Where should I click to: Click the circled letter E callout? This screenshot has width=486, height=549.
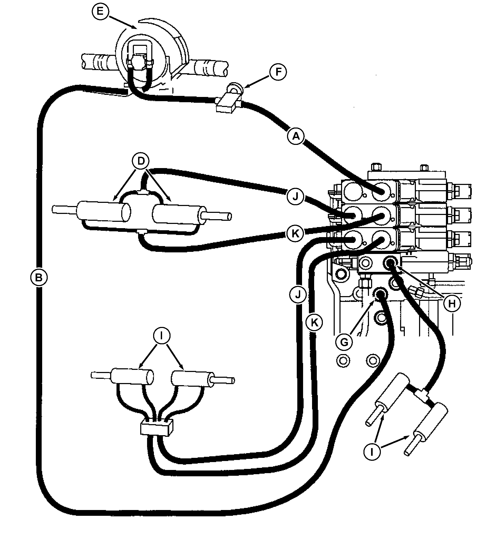coord(100,12)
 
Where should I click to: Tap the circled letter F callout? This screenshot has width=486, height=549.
coord(278,72)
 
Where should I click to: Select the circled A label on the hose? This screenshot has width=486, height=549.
coord(295,136)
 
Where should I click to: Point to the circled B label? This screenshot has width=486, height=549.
coord(39,277)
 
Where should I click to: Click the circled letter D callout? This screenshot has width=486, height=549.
coord(141,161)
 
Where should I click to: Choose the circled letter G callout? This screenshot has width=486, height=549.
coord(344,342)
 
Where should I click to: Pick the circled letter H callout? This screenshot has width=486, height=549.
coord(452,303)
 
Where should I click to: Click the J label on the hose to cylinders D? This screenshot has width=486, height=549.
coord(295,197)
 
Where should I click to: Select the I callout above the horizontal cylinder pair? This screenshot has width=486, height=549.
coord(161,335)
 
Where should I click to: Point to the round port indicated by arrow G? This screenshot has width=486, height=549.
coord(380,295)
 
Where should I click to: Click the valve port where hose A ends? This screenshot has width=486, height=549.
coord(381,192)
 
